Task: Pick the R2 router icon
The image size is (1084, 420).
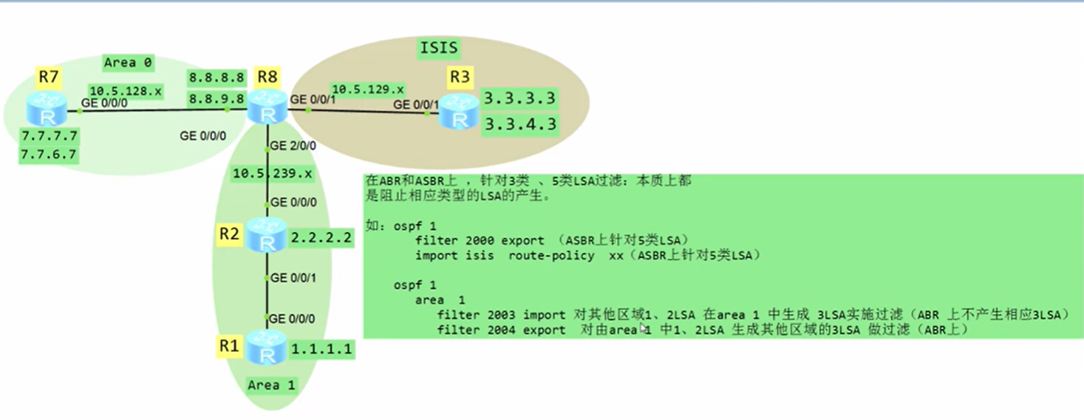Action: (x=266, y=236)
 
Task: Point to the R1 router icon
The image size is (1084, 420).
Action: (x=266, y=348)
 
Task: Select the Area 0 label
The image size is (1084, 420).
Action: (x=128, y=63)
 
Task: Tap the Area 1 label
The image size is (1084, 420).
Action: (x=271, y=385)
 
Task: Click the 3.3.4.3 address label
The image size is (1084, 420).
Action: (x=519, y=123)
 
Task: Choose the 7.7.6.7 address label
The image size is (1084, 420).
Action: (x=50, y=155)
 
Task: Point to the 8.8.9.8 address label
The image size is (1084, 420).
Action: (x=216, y=98)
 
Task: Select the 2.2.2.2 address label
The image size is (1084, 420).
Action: (x=321, y=237)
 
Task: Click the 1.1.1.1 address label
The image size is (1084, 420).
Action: (x=321, y=349)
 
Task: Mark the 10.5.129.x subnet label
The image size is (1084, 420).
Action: (x=367, y=87)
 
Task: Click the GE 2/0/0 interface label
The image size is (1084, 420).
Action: (x=293, y=146)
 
